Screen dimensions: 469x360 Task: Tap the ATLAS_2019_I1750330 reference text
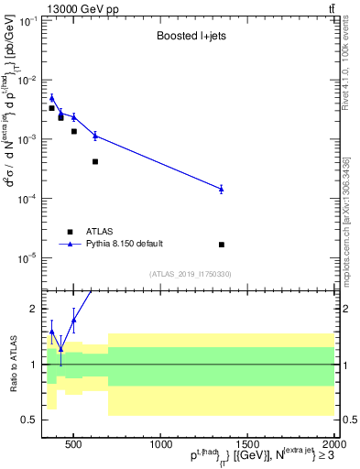coord(191,273)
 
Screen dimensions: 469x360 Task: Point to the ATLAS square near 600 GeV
coord(95,161)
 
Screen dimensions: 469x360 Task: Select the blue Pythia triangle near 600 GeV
coord(95,136)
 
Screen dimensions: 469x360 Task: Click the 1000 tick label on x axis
coord(159,444)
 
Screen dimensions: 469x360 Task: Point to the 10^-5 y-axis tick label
coord(27,257)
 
